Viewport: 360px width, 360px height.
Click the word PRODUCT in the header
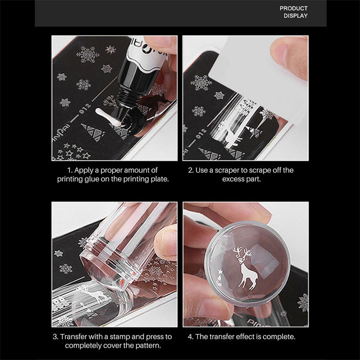[293, 8]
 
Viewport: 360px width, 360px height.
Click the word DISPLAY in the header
[296, 16]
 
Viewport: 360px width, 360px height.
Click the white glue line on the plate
[106, 117]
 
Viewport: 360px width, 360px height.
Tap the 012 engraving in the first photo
[85, 109]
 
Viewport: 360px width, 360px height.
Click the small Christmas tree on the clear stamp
[220, 277]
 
